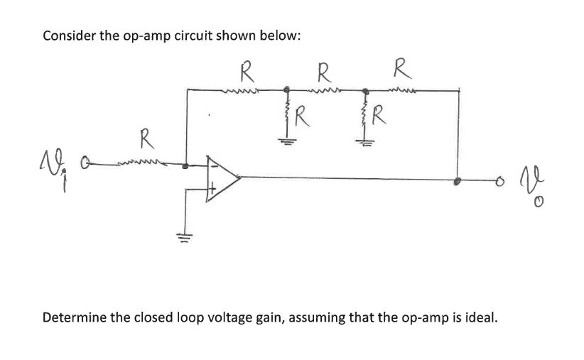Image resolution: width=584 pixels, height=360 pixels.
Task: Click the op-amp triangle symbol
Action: coord(221,177)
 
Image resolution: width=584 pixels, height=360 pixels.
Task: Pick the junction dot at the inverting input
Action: coord(186,167)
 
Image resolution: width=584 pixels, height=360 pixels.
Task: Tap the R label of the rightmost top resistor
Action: coord(401,70)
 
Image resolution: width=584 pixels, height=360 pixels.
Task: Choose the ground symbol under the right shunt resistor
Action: coord(365,141)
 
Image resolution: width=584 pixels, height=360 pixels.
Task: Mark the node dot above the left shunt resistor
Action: coord(286,90)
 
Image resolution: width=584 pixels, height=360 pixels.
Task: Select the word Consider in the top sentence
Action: coord(69,36)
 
